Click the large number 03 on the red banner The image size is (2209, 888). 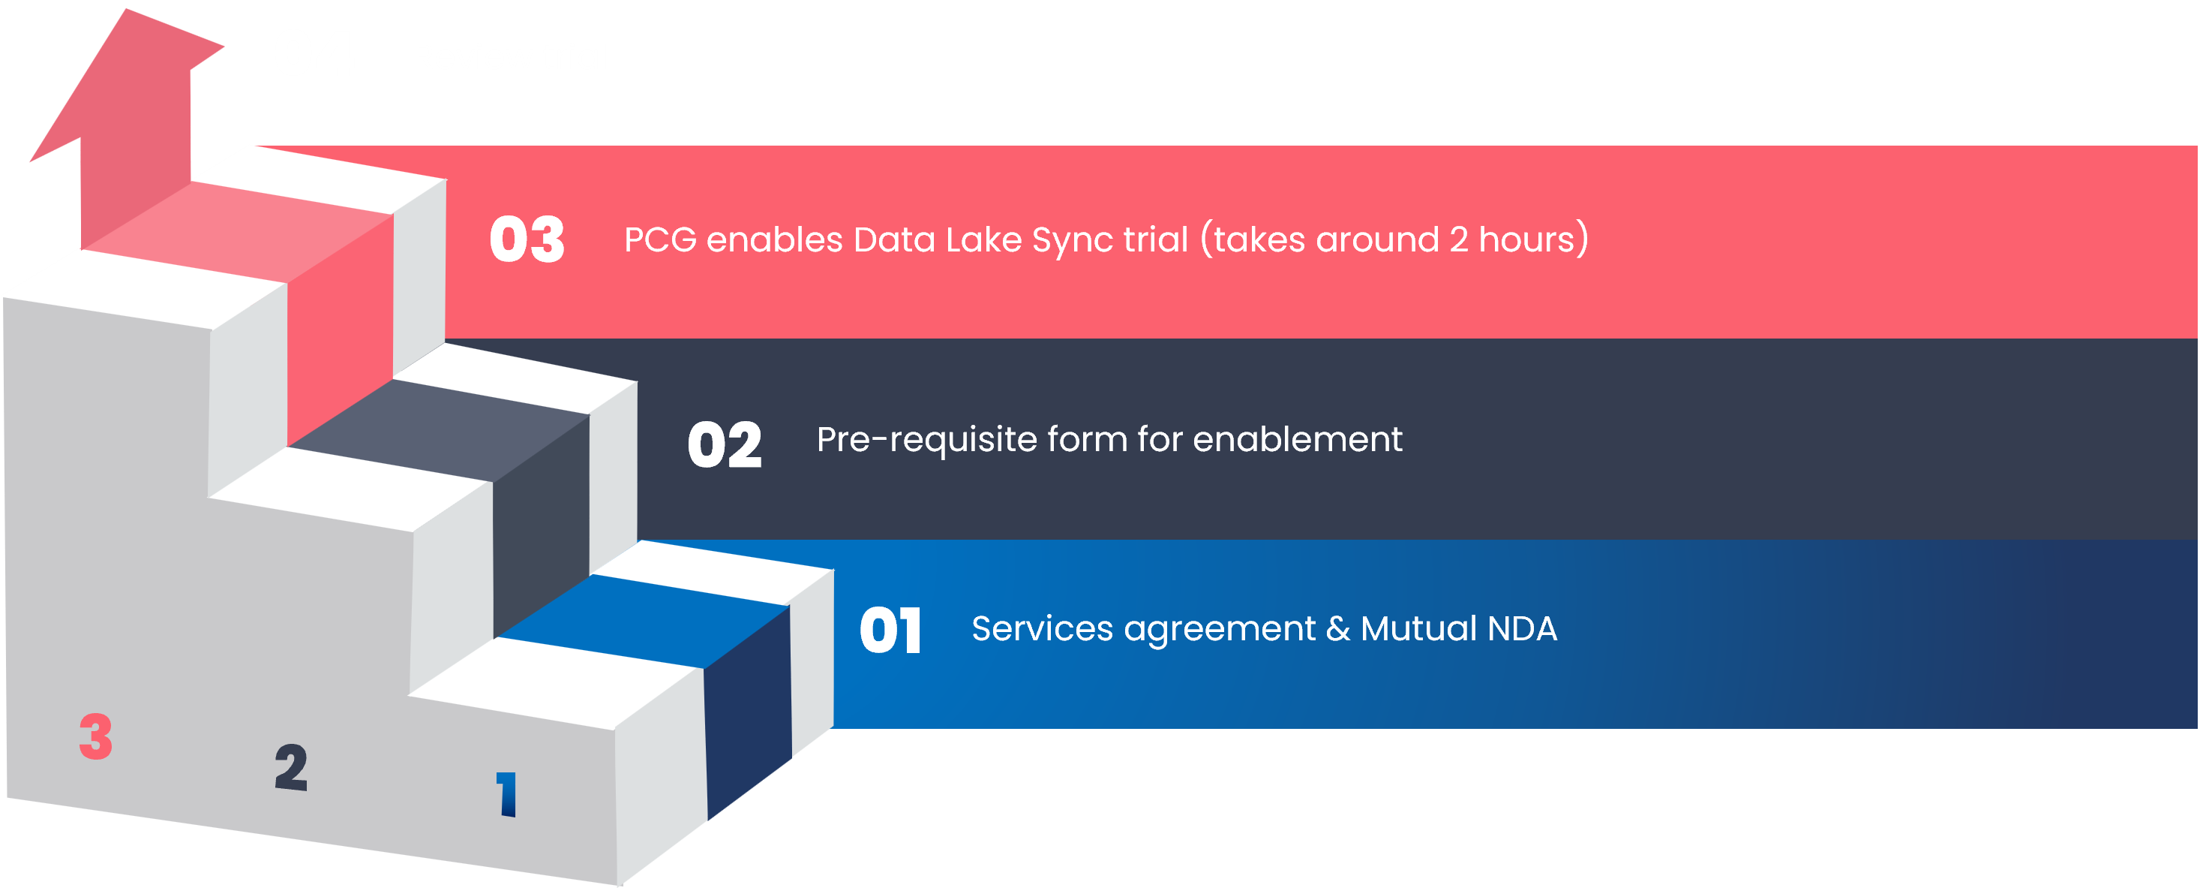(527, 239)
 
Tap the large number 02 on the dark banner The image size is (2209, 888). (725, 445)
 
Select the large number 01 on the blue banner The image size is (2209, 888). (890, 631)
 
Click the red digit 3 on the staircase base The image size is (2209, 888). (96, 736)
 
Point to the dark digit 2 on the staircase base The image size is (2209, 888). (292, 767)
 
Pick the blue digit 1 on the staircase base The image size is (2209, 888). (507, 793)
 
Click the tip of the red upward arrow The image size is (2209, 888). (127, 11)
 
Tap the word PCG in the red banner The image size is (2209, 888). (660, 240)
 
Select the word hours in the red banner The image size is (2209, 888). (1527, 240)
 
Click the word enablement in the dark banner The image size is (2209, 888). (1298, 440)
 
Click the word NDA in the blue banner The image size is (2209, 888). (1522, 629)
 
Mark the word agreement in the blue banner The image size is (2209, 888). (1220, 631)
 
